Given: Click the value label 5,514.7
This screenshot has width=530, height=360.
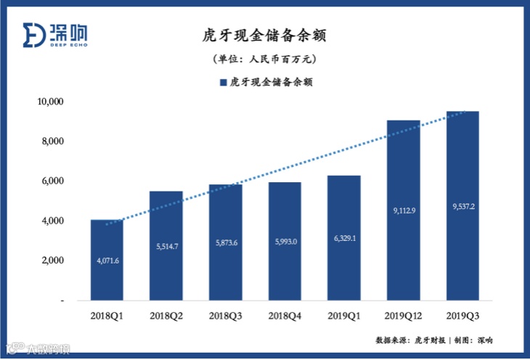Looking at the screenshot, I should (166, 247).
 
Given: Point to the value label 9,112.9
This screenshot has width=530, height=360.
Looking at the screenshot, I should (403, 210).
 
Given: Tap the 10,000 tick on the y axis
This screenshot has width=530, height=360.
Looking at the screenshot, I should (51, 102).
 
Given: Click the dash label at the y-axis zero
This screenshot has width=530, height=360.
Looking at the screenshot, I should (62, 300).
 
